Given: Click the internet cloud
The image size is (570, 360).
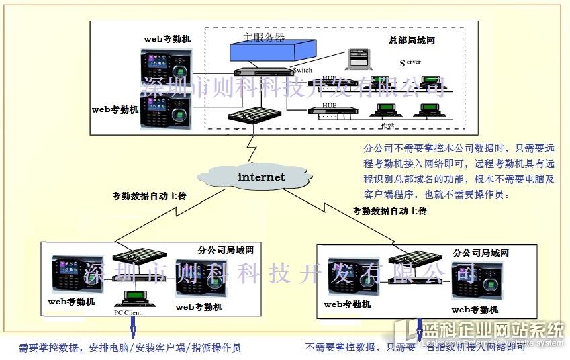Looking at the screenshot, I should pyautogui.click(x=261, y=177).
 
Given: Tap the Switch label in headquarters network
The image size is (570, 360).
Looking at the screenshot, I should pyautogui.click(x=302, y=69).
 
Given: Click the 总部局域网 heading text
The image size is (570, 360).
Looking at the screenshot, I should pyautogui.click(x=412, y=40).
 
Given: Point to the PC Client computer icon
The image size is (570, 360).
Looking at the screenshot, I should pyautogui.click(x=132, y=298).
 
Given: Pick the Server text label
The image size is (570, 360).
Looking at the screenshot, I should pyautogui.click(x=410, y=62).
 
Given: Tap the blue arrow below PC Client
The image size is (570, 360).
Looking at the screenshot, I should pyautogui.click(x=132, y=327).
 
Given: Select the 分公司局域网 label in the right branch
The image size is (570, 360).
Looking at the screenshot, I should pyautogui.click(x=481, y=253).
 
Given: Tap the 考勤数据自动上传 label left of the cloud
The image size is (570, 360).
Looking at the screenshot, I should pyautogui.click(x=149, y=196).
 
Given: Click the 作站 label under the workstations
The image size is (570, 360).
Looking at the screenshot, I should pyautogui.click(x=387, y=126).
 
